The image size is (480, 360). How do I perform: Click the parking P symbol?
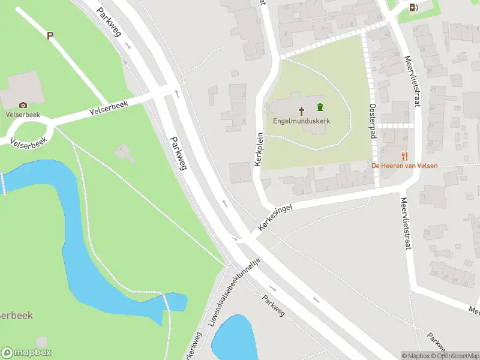tap(50, 35)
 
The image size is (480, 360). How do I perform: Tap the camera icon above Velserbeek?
tap(23, 105)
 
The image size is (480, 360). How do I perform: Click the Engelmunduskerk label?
tap(301, 121)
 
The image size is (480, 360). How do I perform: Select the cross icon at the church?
tap(302, 110)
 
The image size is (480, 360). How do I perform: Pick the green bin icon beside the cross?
tap(320, 107)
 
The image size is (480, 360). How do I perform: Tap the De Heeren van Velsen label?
tap(404, 166)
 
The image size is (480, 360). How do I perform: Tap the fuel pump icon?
tap(413, 8)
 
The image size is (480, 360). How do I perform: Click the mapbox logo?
tap(26, 353)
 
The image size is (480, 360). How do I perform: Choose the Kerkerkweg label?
tap(192, 349)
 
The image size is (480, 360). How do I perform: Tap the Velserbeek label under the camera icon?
tap(22, 114)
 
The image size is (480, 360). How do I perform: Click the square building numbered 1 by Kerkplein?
tap(241, 173)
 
